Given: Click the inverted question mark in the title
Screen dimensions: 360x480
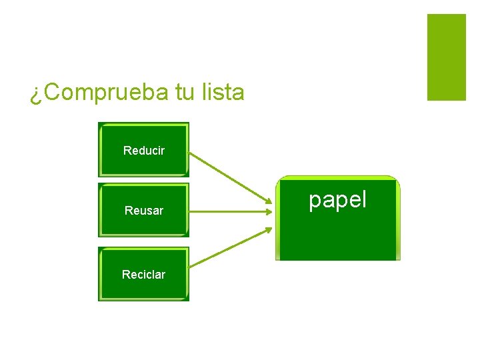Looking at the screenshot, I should (x=35, y=95).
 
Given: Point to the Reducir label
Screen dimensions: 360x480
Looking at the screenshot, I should (x=144, y=151).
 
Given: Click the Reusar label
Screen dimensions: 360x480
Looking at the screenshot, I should (x=144, y=211).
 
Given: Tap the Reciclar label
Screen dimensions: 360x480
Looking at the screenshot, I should (x=143, y=275).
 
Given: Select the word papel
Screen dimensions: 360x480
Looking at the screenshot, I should (x=337, y=200).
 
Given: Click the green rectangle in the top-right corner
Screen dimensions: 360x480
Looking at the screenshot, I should (x=446, y=57).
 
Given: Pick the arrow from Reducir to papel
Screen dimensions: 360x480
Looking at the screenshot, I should (x=230, y=177).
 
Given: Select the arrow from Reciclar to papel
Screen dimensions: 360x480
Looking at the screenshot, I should (x=230, y=248).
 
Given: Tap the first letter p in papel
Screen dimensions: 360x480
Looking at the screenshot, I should (x=315, y=202).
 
